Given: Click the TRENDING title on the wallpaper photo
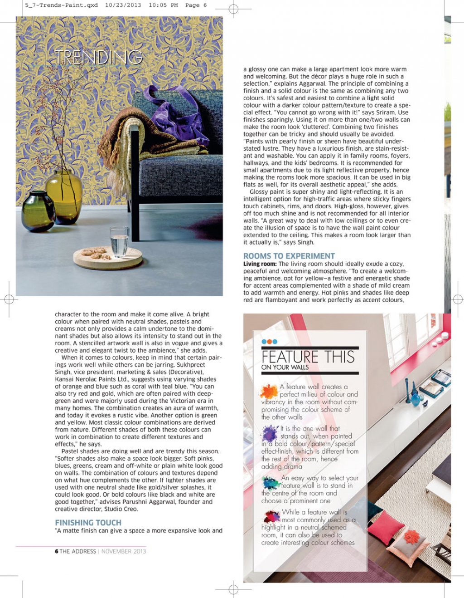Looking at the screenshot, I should [99, 57].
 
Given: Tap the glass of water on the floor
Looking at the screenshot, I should [119, 241].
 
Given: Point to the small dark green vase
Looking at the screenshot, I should [38, 211].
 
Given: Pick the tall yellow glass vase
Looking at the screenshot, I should [63, 196].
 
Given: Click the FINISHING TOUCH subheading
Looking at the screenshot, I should [88, 523].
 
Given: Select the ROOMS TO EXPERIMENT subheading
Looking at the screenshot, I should [289, 256].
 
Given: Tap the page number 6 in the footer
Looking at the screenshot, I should [57, 551].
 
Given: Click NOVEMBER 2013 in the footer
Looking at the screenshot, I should [124, 551].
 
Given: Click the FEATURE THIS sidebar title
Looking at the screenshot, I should [308, 357].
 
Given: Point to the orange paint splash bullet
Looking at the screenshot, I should [269, 391].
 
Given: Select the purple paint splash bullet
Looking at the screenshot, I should [270, 433].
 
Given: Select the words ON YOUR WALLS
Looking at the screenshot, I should [285, 368].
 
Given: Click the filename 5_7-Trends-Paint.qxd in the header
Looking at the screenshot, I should [61, 5].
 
